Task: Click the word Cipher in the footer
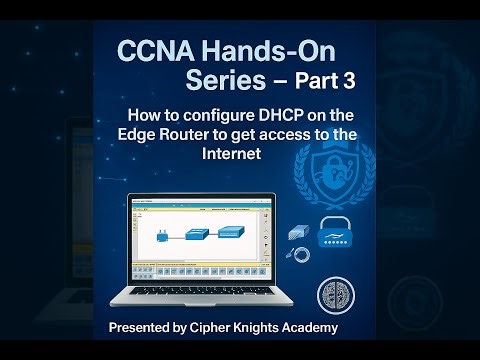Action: coord(225,328)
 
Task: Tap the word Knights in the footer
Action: coord(276,328)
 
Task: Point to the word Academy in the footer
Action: coord(337,328)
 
